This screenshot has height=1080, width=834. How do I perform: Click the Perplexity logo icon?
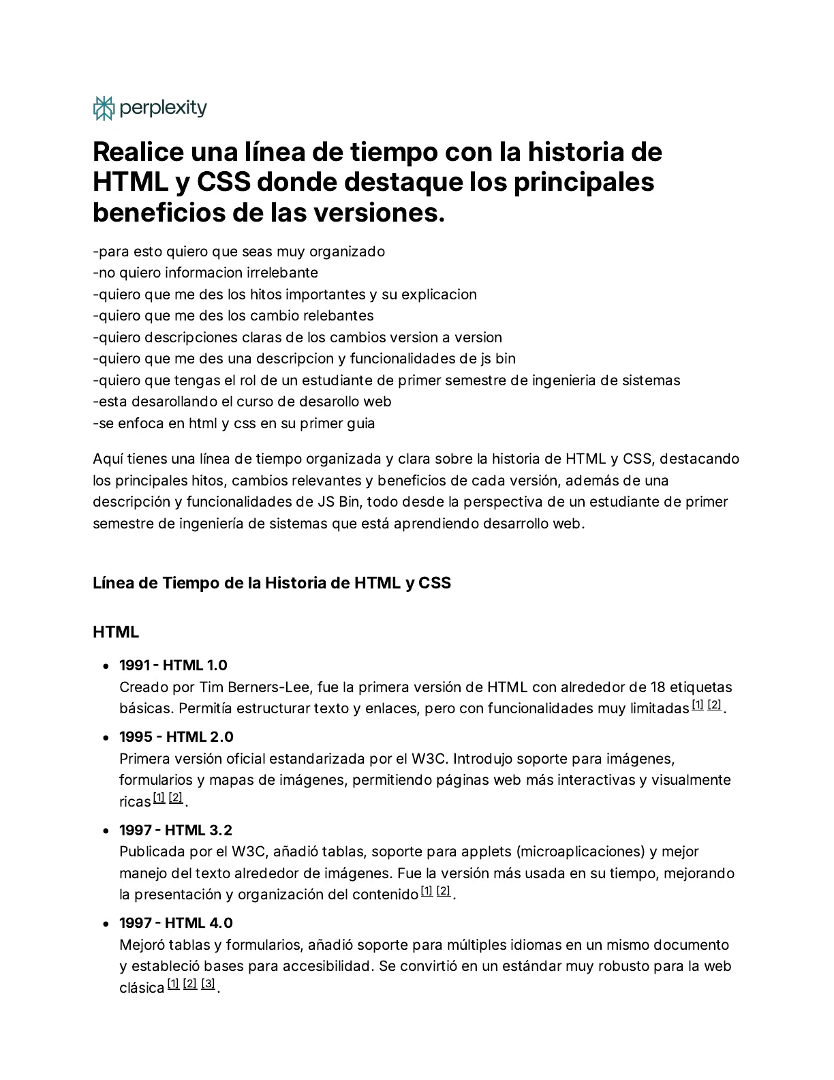104,108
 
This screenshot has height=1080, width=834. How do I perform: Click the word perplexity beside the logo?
163,108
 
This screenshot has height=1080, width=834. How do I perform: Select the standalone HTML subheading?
116,632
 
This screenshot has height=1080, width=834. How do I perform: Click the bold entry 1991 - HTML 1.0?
173,665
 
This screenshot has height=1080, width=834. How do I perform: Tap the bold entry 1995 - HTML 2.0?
176,737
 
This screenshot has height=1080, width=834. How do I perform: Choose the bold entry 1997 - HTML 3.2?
175,830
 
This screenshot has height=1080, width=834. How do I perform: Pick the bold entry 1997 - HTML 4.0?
176,923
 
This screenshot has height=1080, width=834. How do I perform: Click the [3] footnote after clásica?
208,984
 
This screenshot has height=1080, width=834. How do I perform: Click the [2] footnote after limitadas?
714,705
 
